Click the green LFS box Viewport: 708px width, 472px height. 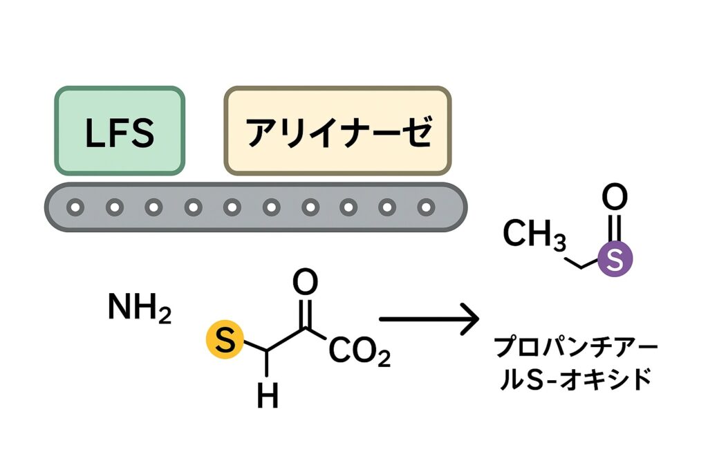click(120, 131)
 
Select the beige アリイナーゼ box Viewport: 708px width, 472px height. click(337, 131)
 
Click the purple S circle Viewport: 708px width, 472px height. click(613, 259)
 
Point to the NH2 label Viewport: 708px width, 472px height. click(139, 309)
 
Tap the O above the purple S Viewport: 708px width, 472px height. click(614, 198)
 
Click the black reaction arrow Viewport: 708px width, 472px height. click(429, 319)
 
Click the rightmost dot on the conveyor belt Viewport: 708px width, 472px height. click(427, 206)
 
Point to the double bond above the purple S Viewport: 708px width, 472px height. click(614, 228)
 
